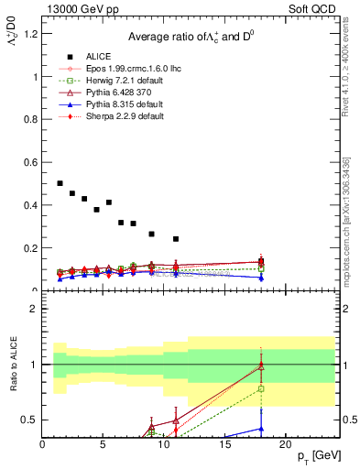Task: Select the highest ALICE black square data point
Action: [60, 184]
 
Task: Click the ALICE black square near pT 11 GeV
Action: [176, 239]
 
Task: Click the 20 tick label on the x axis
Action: [285, 444]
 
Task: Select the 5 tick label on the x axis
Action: [104, 444]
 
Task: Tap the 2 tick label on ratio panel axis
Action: [34, 309]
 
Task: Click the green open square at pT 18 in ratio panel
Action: [261, 388]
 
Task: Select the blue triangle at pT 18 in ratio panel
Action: [261, 428]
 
